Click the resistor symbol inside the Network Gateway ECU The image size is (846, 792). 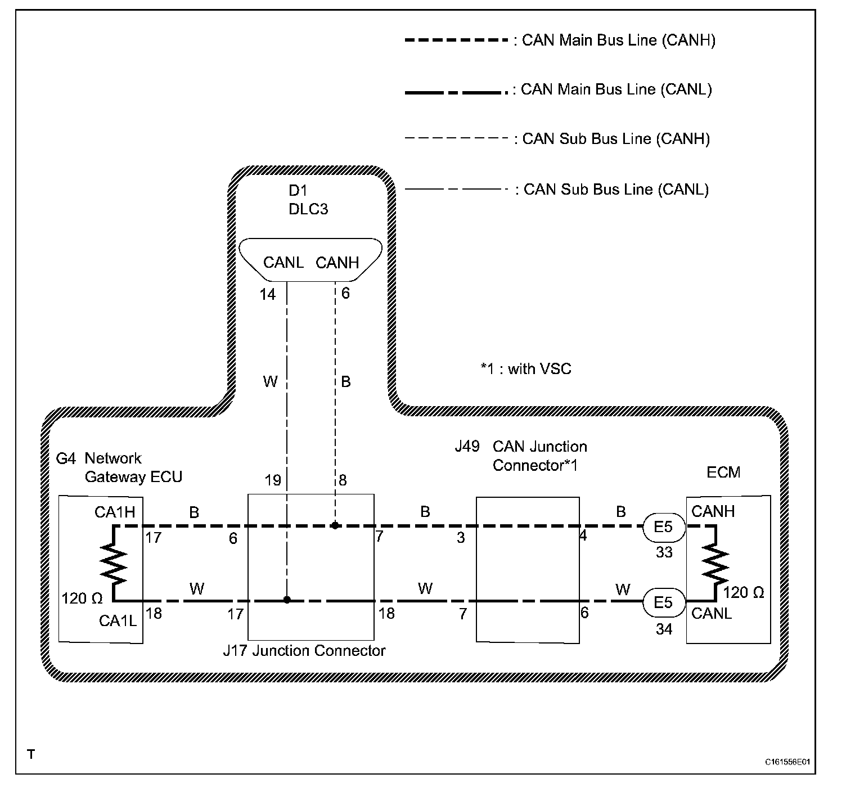point(115,562)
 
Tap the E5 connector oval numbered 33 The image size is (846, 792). point(664,528)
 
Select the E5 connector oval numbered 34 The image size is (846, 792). point(664,602)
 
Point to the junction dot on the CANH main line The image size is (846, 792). point(335,526)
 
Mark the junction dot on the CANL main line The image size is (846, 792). point(287,600)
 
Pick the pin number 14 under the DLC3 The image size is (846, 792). point(268,294)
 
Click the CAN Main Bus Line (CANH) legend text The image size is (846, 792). point(618,40)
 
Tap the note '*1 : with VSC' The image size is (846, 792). point(525,369)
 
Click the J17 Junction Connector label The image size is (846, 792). point(304,651)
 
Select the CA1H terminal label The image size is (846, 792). point(115,512)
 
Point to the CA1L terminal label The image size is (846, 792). point(117,620)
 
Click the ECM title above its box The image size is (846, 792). point(723,472)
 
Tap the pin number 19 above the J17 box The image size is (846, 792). point(273,480)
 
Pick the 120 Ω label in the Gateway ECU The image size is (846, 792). point(82,598)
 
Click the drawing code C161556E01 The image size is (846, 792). point(787,763)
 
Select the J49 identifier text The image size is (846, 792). point(467,447)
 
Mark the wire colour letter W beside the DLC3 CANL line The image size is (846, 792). point(270,382)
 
